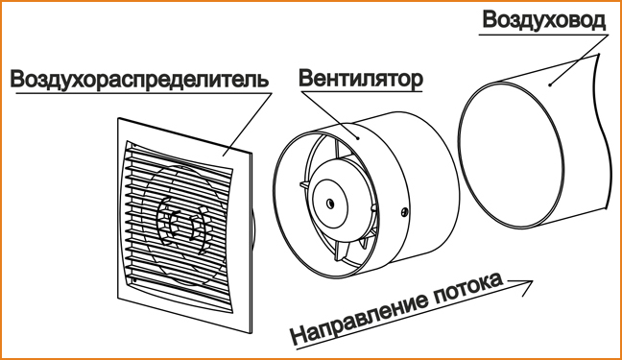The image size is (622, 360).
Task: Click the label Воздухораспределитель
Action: (x=139, y=80)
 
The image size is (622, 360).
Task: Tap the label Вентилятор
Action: (x=360, y=78)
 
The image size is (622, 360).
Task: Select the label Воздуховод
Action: (x=544, y=20)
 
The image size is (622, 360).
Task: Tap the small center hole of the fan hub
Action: (x=330, y=204)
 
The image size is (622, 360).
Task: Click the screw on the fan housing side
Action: (x=405, y=212)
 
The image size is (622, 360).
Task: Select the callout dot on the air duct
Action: (x=550, y=84)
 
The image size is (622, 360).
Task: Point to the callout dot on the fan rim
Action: (x=357, y=138)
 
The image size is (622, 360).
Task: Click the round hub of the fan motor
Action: (x=330, y=204)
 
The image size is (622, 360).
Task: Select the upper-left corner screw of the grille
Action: (x=134, y=146)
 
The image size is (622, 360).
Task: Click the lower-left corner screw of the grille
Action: (x=135, y=280)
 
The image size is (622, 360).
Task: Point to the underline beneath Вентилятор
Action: (x=361, y=92)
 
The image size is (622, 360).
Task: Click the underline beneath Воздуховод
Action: (x=543, y=35)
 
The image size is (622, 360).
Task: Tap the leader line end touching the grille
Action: (x=223, y=156)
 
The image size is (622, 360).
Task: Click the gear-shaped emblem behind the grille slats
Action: (x=184, y=225)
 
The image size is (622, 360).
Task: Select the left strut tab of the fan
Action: (x=304, y=185)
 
